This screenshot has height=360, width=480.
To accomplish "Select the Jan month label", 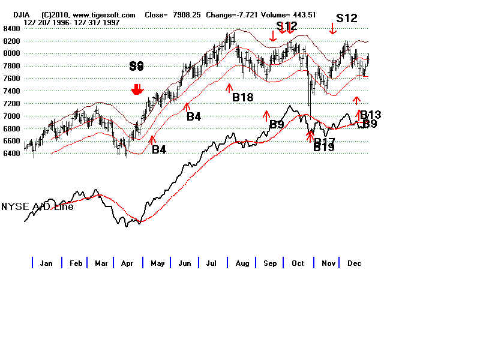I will coord(46,263).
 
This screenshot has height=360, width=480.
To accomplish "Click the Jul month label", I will coord(211,263).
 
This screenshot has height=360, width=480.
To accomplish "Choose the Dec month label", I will coord(354,263).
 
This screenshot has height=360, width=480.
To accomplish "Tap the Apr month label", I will coord(127,263).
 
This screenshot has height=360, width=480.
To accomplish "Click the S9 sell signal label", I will coord(137,66).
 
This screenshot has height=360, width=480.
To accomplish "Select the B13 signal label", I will coord(370,115).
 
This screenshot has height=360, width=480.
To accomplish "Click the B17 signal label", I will coord(324,142).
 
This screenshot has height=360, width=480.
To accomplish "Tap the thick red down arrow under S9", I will coord(137,89).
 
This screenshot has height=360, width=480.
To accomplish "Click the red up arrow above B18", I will coord(229,88).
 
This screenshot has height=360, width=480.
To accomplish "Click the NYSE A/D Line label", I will coord(37,206).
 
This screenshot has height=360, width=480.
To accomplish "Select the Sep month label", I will coord(270,263).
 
